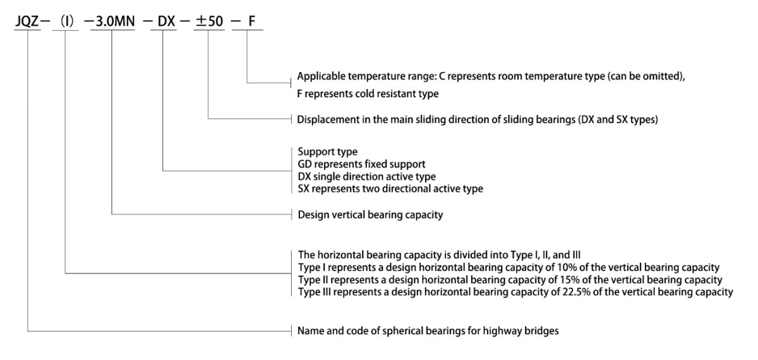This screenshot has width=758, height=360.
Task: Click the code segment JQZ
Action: tap(27, 21)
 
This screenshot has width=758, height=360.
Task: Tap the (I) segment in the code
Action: tap(67, 21)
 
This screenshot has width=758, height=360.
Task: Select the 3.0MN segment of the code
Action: tap(115, 21)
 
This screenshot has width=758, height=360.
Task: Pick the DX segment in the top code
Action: tap(166, 21)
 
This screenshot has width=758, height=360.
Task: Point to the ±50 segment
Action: tap(209, 21)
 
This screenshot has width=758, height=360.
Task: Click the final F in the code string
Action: tap(251, 21)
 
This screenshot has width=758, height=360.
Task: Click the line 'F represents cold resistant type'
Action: tap(368, 93)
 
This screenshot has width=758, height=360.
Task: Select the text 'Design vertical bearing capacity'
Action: tap(370, 215)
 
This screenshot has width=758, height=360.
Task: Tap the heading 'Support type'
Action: tap(328, 152)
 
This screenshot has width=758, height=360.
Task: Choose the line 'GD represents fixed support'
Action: tap(361, 164)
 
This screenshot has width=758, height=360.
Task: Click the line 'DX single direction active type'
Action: tap(367, 176)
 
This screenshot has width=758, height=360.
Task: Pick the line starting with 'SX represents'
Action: tap(390, 188)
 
